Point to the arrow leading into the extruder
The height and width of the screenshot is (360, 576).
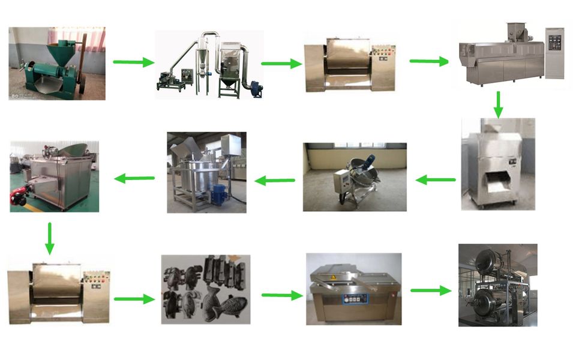(429, 61)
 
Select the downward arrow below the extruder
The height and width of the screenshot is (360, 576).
(499, 104)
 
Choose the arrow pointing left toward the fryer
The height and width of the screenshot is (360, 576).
(134, 178)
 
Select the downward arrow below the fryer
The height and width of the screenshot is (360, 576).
(49, 238)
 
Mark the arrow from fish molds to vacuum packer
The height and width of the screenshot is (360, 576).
(281, 295)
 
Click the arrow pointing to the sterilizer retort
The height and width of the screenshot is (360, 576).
(430, 290)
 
